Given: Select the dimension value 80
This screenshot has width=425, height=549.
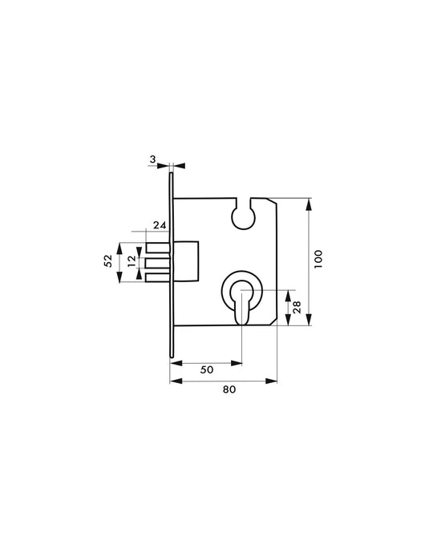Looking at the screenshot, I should click(x=229, y=390).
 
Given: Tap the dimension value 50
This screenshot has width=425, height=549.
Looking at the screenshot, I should click(x=206, y=369).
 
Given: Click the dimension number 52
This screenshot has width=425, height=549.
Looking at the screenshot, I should click(x=107, y=261).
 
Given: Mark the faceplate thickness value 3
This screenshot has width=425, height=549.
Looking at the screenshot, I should click(x=153, y=159).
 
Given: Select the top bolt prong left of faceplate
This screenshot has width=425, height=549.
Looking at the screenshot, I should click(x=156, y=246).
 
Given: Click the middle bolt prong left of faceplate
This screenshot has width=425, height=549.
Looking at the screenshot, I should click(x=156, y=261).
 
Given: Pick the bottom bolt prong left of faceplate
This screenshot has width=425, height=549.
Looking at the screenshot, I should click(x=156, y=277).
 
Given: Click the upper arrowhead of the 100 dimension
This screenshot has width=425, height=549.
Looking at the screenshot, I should click(x=310, y=202).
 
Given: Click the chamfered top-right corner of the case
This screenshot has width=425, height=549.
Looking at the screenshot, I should click(x=273, y=202).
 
